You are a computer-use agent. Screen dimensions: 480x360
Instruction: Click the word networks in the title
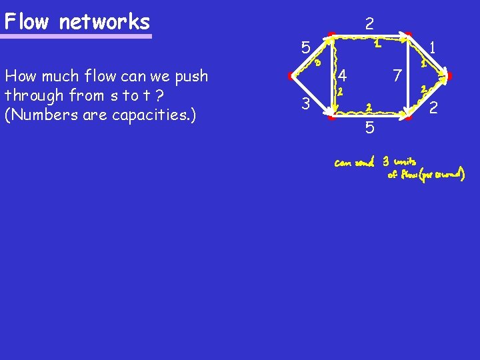104,22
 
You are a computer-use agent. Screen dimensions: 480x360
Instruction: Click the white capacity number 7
396,75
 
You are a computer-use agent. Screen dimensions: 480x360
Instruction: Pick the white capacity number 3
305,104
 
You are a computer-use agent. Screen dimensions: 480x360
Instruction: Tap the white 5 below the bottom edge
369,127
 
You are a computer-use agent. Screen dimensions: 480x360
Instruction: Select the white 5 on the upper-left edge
305,48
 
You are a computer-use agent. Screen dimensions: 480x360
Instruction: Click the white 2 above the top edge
369,24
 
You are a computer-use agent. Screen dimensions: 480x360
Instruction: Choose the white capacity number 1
433,47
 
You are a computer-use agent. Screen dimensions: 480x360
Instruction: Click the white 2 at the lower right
433,107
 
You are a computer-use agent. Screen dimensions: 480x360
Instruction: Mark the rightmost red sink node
449,77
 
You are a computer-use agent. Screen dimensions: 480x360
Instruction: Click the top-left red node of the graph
331,34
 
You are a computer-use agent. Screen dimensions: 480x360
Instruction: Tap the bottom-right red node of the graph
409,118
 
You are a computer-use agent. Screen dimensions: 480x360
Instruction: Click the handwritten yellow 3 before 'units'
386,162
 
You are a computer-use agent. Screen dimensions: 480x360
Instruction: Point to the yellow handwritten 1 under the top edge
377,45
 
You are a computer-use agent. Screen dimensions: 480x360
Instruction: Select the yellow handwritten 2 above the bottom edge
369,107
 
